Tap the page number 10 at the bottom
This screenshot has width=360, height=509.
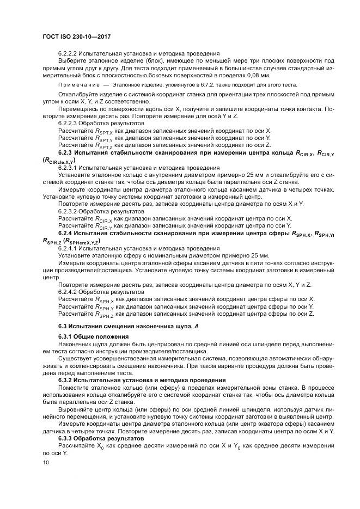pyautogui.click(x=45, y=462)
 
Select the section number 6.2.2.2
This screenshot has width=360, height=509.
pyautogui.click(x=69, y=54)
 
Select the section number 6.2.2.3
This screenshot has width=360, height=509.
pyautogui.click(x=69, y=124)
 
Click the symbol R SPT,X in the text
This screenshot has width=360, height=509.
pyautogui.click(x=103, y=132)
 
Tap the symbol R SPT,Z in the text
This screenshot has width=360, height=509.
pyautogui.click(x=103, y=146)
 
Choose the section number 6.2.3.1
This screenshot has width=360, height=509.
pyautogui.click(x=69, y=168)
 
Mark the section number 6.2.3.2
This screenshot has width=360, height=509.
pyautogui.click(x=69, y=211)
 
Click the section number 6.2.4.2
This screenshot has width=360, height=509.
pyautogui.click(x=69, y=291)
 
